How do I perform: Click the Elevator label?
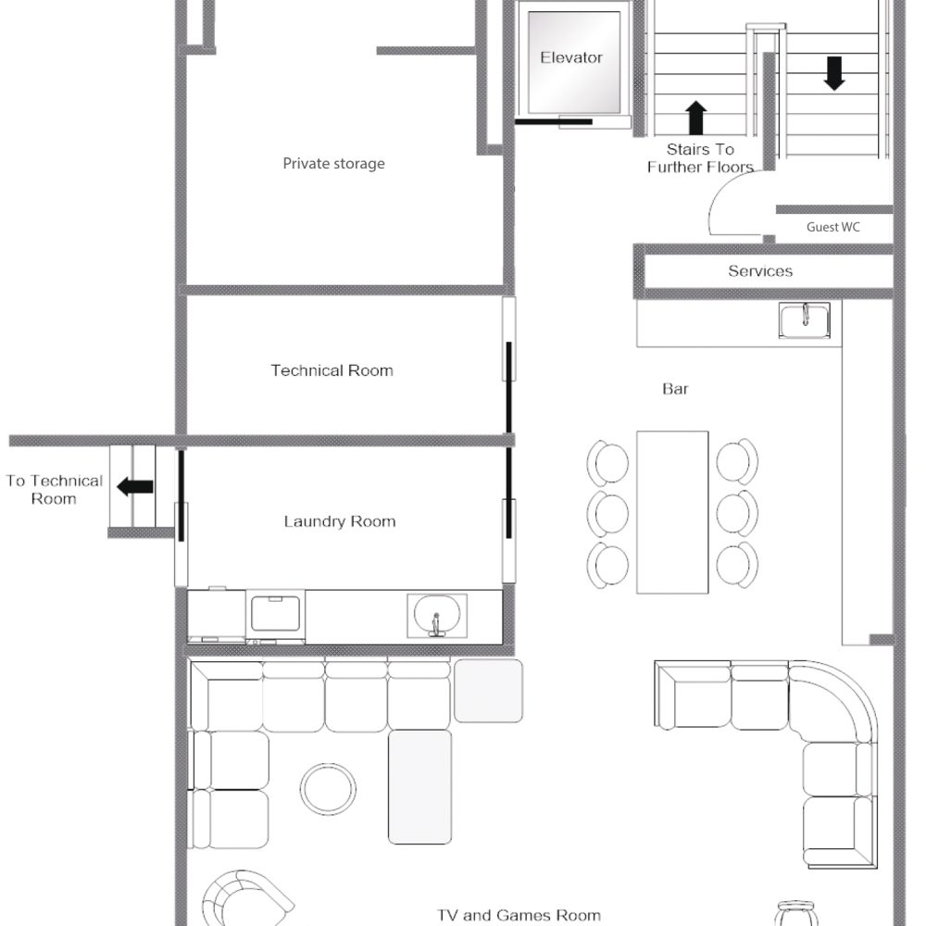coord(571,57)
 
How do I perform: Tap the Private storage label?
coord(333,164)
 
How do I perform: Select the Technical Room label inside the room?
coord(332,370)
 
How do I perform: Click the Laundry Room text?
coord(340,521)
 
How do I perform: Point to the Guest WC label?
coord(832,227)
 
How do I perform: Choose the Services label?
coord(760,271)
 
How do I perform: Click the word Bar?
coord(675,389)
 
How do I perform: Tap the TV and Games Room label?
coord(519,916)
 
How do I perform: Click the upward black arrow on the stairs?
coord(696,118)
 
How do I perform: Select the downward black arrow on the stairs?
coord(834,73)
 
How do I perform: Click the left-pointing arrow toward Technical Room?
coord(135,487)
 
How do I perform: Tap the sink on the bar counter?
coord(805,320)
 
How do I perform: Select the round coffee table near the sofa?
coord(328,788)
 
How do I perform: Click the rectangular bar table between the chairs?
coord(672,512)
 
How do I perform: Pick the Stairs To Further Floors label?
coord(700,157)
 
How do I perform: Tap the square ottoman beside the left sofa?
coord(488,691)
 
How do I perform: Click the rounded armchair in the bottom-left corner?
coord(245,896)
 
